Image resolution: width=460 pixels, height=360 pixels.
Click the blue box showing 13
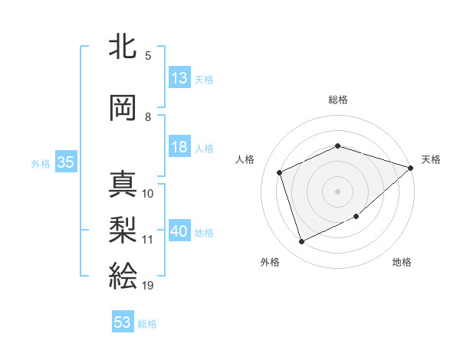(x=179, y=78)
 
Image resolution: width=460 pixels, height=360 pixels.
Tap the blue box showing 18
(x=179, y=147)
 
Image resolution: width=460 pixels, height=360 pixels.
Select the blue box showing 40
(x=179, y=232)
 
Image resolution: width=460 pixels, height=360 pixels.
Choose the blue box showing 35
(x=65, y=162)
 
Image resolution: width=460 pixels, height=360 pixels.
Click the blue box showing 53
(x=123, y=322)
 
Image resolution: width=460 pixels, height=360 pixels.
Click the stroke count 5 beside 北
(x=148, y=55)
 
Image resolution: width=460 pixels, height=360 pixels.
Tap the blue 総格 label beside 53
(x=147, y=324)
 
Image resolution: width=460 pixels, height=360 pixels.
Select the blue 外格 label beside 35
(x=41, y=163)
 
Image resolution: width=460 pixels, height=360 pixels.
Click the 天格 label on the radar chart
(x=431, y=159)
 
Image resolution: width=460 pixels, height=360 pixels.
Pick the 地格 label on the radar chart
(x=402, y=262)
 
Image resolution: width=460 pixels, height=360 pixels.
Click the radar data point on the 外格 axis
(x=301, y=242)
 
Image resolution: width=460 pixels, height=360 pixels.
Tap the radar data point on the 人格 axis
(x=280, y=172)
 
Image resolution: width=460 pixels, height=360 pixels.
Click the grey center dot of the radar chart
(x=337, y=191)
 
